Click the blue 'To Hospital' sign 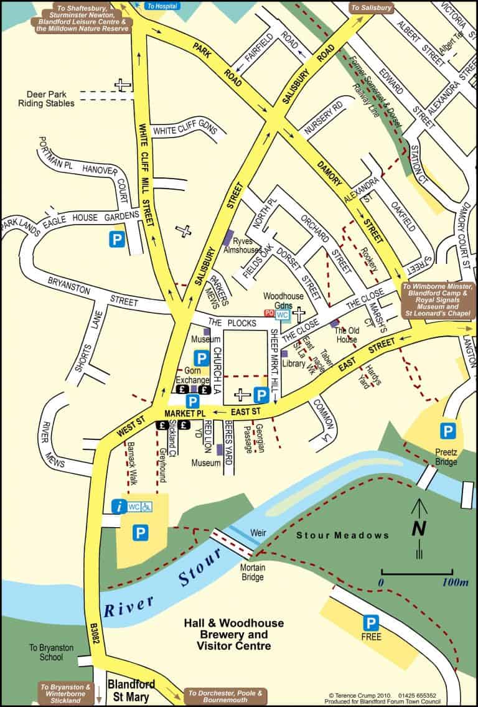coord(162,6)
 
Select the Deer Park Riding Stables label coord(46,99)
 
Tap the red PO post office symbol coord(269,314)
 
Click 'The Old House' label coord(345,335)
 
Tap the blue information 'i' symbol coord(118,507)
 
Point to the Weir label coord(258,533)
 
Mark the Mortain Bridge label coord(252,572)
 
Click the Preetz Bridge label coord(446,457)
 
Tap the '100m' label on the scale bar coord(456,583)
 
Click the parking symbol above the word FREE coord(371,622)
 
